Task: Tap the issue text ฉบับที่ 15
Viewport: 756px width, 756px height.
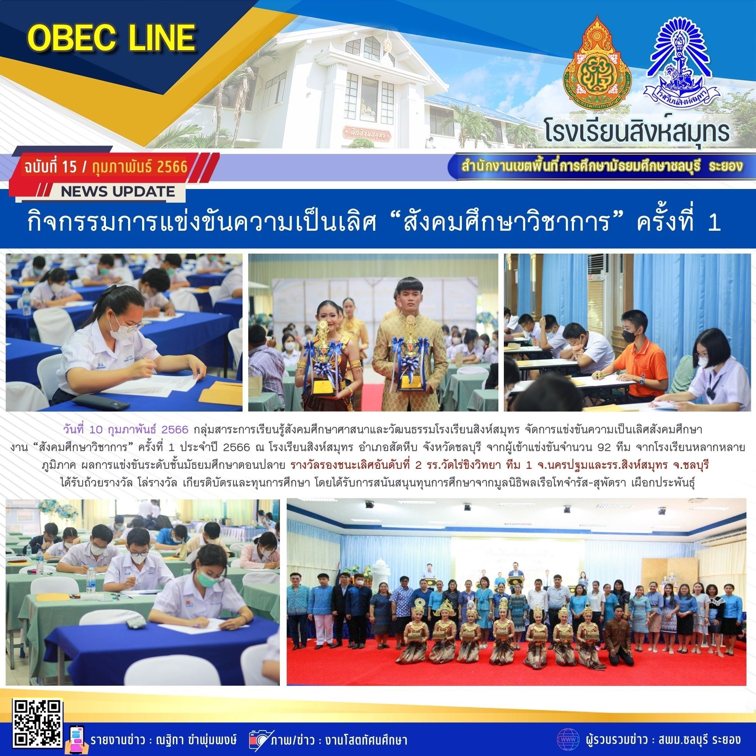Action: (51, 168)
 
